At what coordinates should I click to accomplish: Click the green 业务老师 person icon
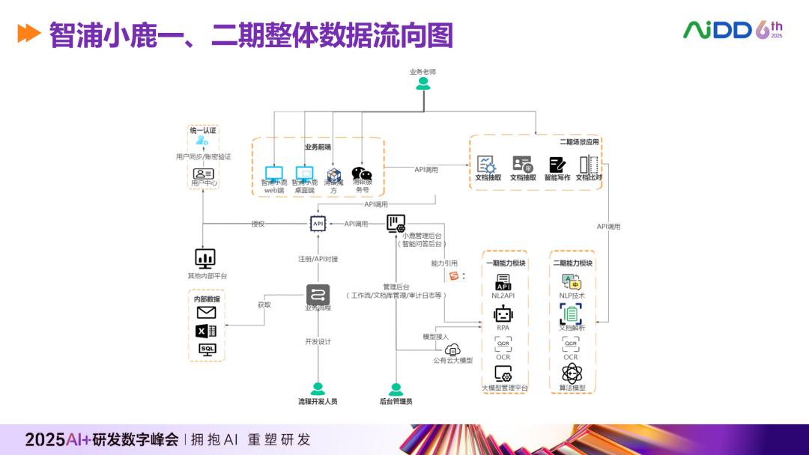423,85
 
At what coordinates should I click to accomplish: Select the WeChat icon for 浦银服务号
362,174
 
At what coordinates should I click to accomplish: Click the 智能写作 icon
557,165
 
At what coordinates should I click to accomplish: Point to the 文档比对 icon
589,165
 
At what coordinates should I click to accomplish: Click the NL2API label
503,296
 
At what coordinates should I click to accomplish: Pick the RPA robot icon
503,314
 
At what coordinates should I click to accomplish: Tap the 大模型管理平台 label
504,388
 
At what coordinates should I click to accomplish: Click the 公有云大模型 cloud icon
452,349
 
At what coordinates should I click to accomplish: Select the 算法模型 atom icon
572,373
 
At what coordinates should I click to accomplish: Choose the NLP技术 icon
572,281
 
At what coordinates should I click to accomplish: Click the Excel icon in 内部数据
206,331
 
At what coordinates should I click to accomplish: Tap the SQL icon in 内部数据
207,349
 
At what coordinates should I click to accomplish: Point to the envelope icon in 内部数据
206,313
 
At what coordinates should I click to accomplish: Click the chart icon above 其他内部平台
205,258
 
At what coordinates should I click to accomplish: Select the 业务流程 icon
318,294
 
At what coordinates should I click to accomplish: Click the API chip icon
318,223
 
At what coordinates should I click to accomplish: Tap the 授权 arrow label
258,223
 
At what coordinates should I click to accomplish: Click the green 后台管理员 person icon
396,389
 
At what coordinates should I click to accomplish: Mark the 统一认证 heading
202,130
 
